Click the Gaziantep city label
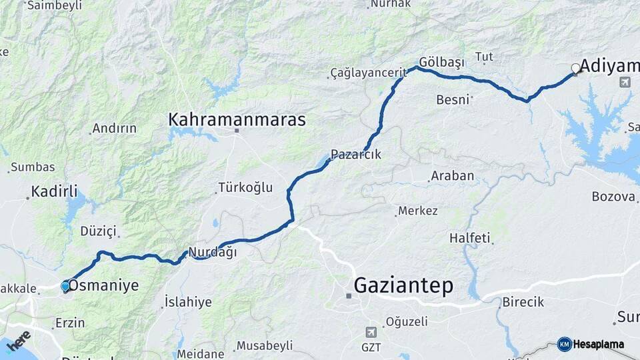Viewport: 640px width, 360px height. tap(403, 285)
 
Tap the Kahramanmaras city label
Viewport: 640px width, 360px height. tap(237, 120)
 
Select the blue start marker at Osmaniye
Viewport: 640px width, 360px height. tap(65, 286)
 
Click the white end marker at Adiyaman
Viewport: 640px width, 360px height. tap(576, 68)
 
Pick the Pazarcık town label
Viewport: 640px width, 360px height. tap(356, 154)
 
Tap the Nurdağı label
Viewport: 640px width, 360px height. tap(213, 252)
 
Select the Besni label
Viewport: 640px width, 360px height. tap(453, 100)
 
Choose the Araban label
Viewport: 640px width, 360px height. tap(452, 176)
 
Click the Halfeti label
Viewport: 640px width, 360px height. tap(469, 238)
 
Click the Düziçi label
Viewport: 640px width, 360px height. tap(98, 231)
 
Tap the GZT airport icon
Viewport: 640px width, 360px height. tap(371, 331)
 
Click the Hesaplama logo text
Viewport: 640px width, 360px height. tap(599, 345)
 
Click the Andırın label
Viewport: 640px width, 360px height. tap(114, 128)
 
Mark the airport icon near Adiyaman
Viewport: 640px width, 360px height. tap(625, 82)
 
